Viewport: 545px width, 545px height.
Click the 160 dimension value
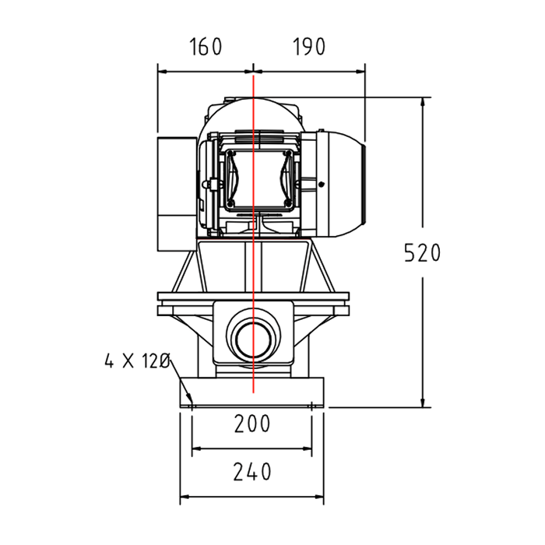point(206,47)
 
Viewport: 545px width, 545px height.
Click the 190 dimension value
point(309,47)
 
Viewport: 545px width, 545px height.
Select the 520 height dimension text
point(423,253)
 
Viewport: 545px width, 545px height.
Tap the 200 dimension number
point(252,424)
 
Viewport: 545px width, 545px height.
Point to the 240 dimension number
point(252,472)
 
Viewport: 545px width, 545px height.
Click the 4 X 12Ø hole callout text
point(137,361)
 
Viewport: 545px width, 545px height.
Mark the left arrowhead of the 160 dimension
point(161,71)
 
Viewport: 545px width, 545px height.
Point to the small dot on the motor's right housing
point(321,185)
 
